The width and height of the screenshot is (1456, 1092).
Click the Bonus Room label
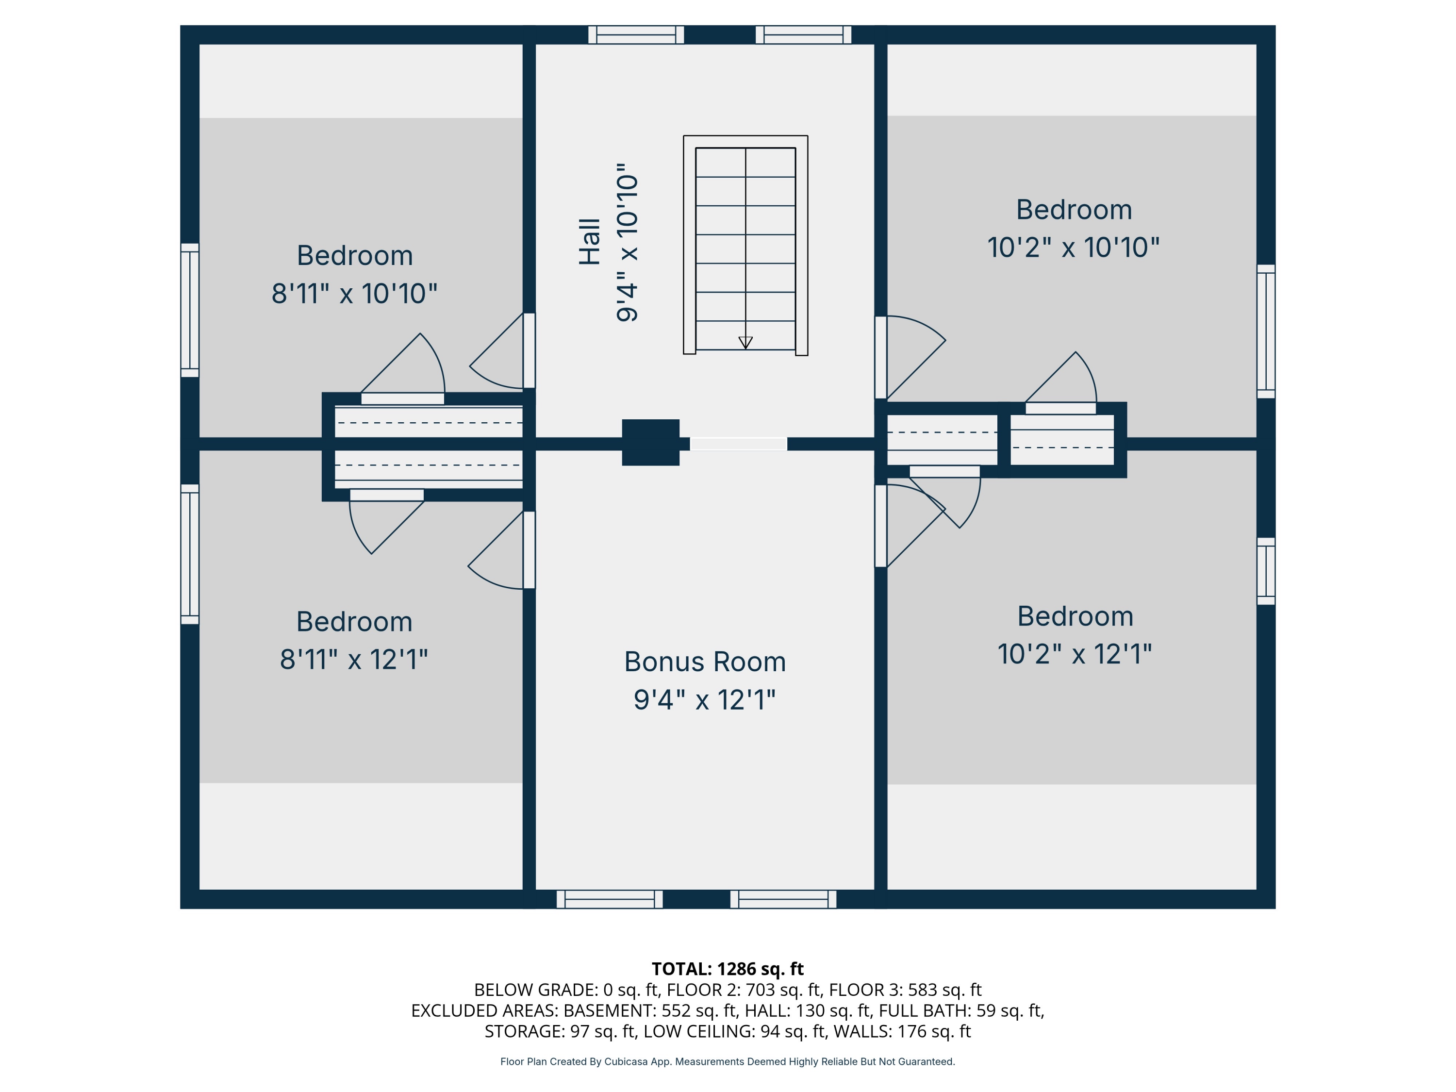705,662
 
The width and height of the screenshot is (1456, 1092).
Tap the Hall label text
590,242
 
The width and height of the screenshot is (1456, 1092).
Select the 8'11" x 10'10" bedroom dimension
354,294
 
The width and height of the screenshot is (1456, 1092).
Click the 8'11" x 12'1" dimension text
354,660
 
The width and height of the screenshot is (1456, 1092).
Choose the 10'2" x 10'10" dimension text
1073,248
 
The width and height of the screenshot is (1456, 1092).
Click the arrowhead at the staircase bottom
745,342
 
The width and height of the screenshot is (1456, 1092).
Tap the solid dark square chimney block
650,442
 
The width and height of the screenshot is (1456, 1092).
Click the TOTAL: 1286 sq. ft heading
728,969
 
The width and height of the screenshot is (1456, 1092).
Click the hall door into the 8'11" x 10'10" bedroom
529,351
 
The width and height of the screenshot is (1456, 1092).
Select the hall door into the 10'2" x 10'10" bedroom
881,357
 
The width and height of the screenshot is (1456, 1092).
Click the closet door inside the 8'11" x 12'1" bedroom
386,495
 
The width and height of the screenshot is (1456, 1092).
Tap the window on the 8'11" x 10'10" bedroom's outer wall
190,310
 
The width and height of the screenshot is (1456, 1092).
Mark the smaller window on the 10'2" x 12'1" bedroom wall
1266,571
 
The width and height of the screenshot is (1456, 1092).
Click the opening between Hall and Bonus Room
738,444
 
